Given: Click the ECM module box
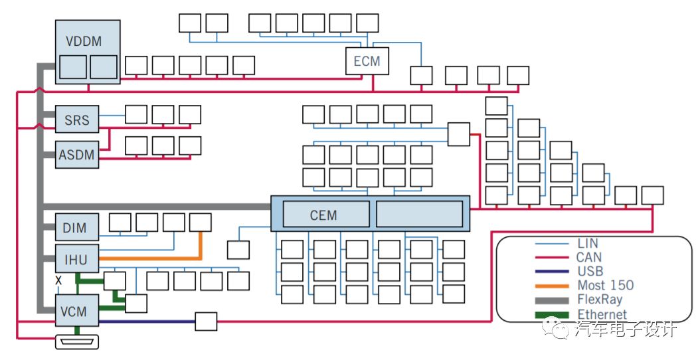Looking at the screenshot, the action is pyautogui.click(x=367, y=60).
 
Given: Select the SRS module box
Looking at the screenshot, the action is pyautogui.click(x=77, y=120).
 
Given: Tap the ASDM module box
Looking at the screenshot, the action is pyautogui.click(x=77, y=155).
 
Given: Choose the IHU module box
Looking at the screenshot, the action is pyautogui.click(x=77, y=258).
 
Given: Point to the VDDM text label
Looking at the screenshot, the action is pyautogui.click(x=84, y=41).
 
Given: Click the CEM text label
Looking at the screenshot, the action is pyautogui.click(x=323, y=215).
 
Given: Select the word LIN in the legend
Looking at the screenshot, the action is pyautogui.click(x=588, y=243).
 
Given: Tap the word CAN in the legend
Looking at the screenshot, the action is pyautogui.click(x=589, y=257).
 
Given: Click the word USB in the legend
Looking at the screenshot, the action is pyautogui.click(x=590, y=271).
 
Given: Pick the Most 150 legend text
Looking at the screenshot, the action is pyautogui.click(x=605, y=285).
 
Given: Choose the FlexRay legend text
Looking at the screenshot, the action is pyautogui.click(x=600, y=300).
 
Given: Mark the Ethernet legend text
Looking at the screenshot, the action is pyautogui.click(x=602, y=314).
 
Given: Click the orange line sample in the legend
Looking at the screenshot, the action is pyautogui.click(x=552, y=286).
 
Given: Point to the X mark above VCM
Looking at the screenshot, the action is pyautogui.click(x=58, y=281).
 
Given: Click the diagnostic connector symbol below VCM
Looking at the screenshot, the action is pyautogui.click(x=77, y=342).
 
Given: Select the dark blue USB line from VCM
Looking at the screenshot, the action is pyautogui.click(x=147, y=321).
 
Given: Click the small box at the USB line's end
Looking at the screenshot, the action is pyautogui.click(x=207, y=321).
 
